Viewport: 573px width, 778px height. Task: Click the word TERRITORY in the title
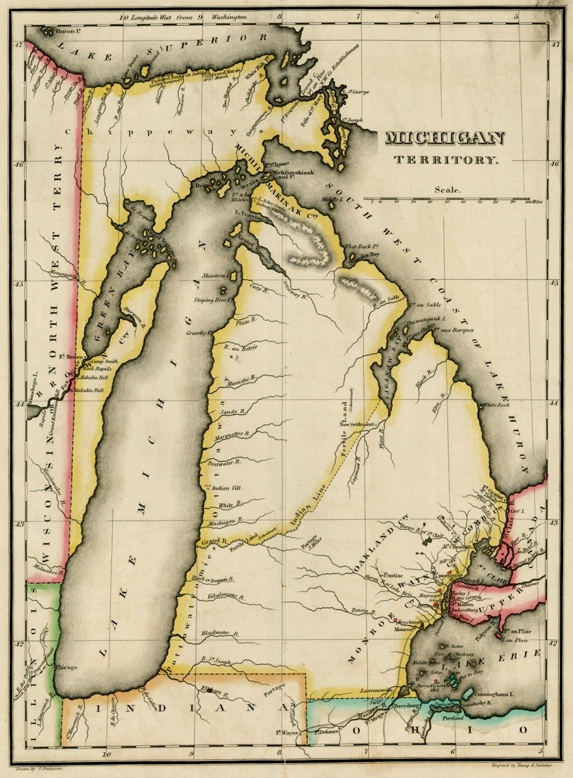[445, 161]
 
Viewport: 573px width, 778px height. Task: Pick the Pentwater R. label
[224, 463]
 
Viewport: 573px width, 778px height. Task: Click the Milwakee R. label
[43, 568]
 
